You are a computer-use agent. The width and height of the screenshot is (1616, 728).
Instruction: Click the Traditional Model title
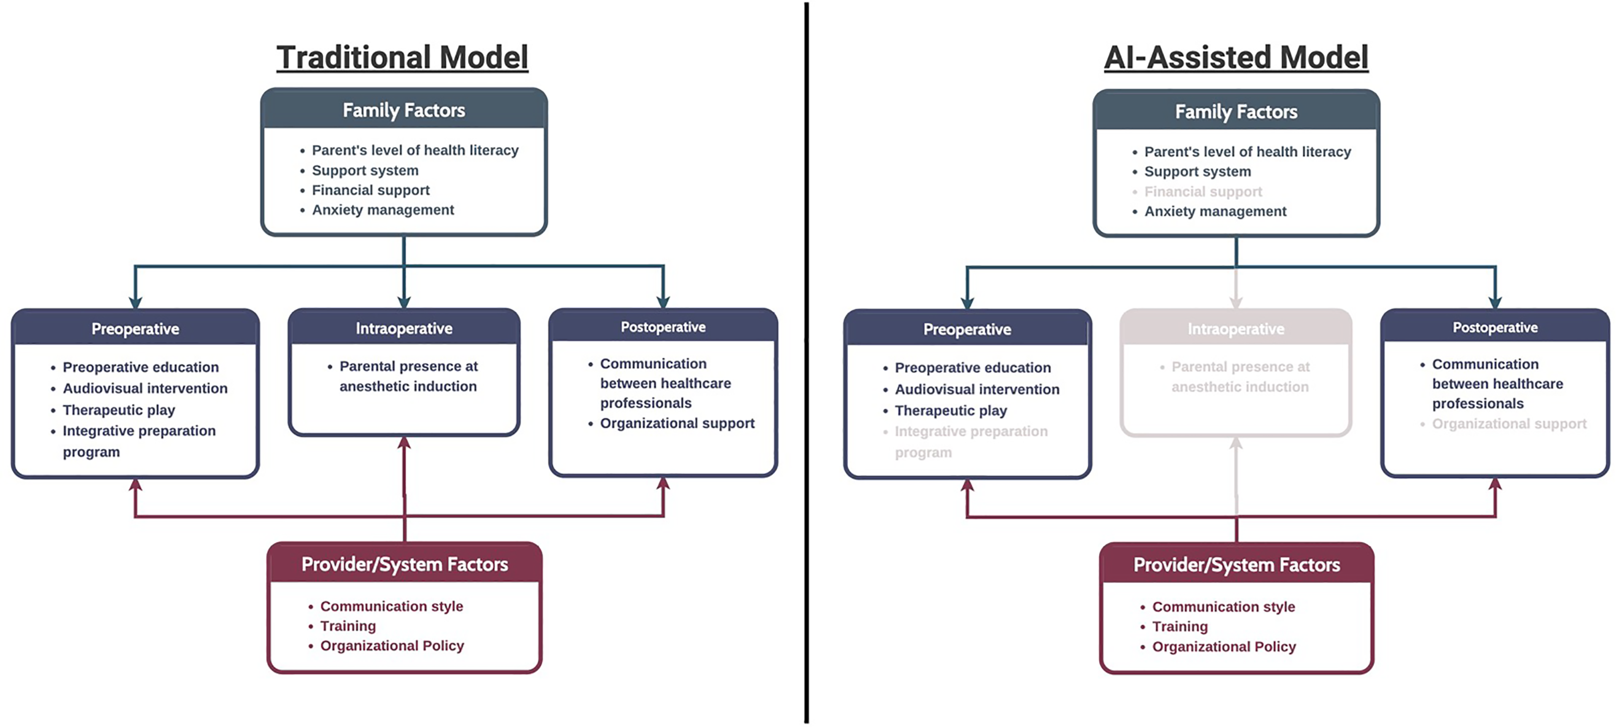402,58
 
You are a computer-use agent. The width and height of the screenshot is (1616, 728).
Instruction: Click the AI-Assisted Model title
1236,58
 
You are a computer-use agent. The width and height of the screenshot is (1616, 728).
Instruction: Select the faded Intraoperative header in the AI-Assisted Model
1236,329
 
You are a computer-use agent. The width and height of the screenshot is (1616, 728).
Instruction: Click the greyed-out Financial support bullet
1202,192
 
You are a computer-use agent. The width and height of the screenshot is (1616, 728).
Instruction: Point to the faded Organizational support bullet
1509,424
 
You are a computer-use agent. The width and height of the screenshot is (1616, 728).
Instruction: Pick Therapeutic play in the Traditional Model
119,410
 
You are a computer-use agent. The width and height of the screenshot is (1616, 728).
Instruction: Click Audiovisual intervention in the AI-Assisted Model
977,389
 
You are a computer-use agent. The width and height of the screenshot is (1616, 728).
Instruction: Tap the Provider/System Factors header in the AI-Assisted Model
1236,565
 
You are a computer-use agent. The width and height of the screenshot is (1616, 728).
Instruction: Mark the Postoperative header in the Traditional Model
663,327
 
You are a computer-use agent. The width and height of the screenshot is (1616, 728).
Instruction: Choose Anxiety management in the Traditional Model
383,210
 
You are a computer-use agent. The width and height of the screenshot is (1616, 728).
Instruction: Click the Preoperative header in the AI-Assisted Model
967,330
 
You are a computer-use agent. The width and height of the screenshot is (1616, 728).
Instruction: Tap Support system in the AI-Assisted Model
1197,171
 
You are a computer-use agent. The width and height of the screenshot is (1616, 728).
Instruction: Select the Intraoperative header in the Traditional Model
404,328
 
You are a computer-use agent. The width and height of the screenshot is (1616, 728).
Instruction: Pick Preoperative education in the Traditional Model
140,367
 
